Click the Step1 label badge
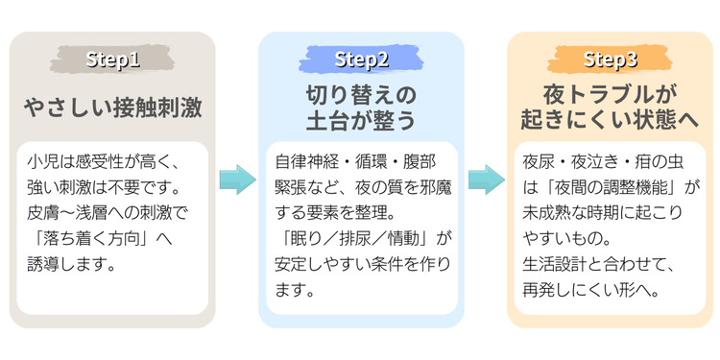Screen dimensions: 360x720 (x=112, y=60)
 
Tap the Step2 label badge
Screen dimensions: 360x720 (x=361, y=60)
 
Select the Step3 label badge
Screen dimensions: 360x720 (x=610, y=60)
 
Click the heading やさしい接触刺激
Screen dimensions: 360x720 (x=112, y=108)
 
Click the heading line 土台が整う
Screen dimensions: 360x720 (x=361, y=120)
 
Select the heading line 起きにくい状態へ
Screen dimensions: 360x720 (x=610, y=120)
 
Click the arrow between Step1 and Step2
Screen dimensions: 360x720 (x=237, y=180)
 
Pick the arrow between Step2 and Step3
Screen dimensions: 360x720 (x=486, y=180)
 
